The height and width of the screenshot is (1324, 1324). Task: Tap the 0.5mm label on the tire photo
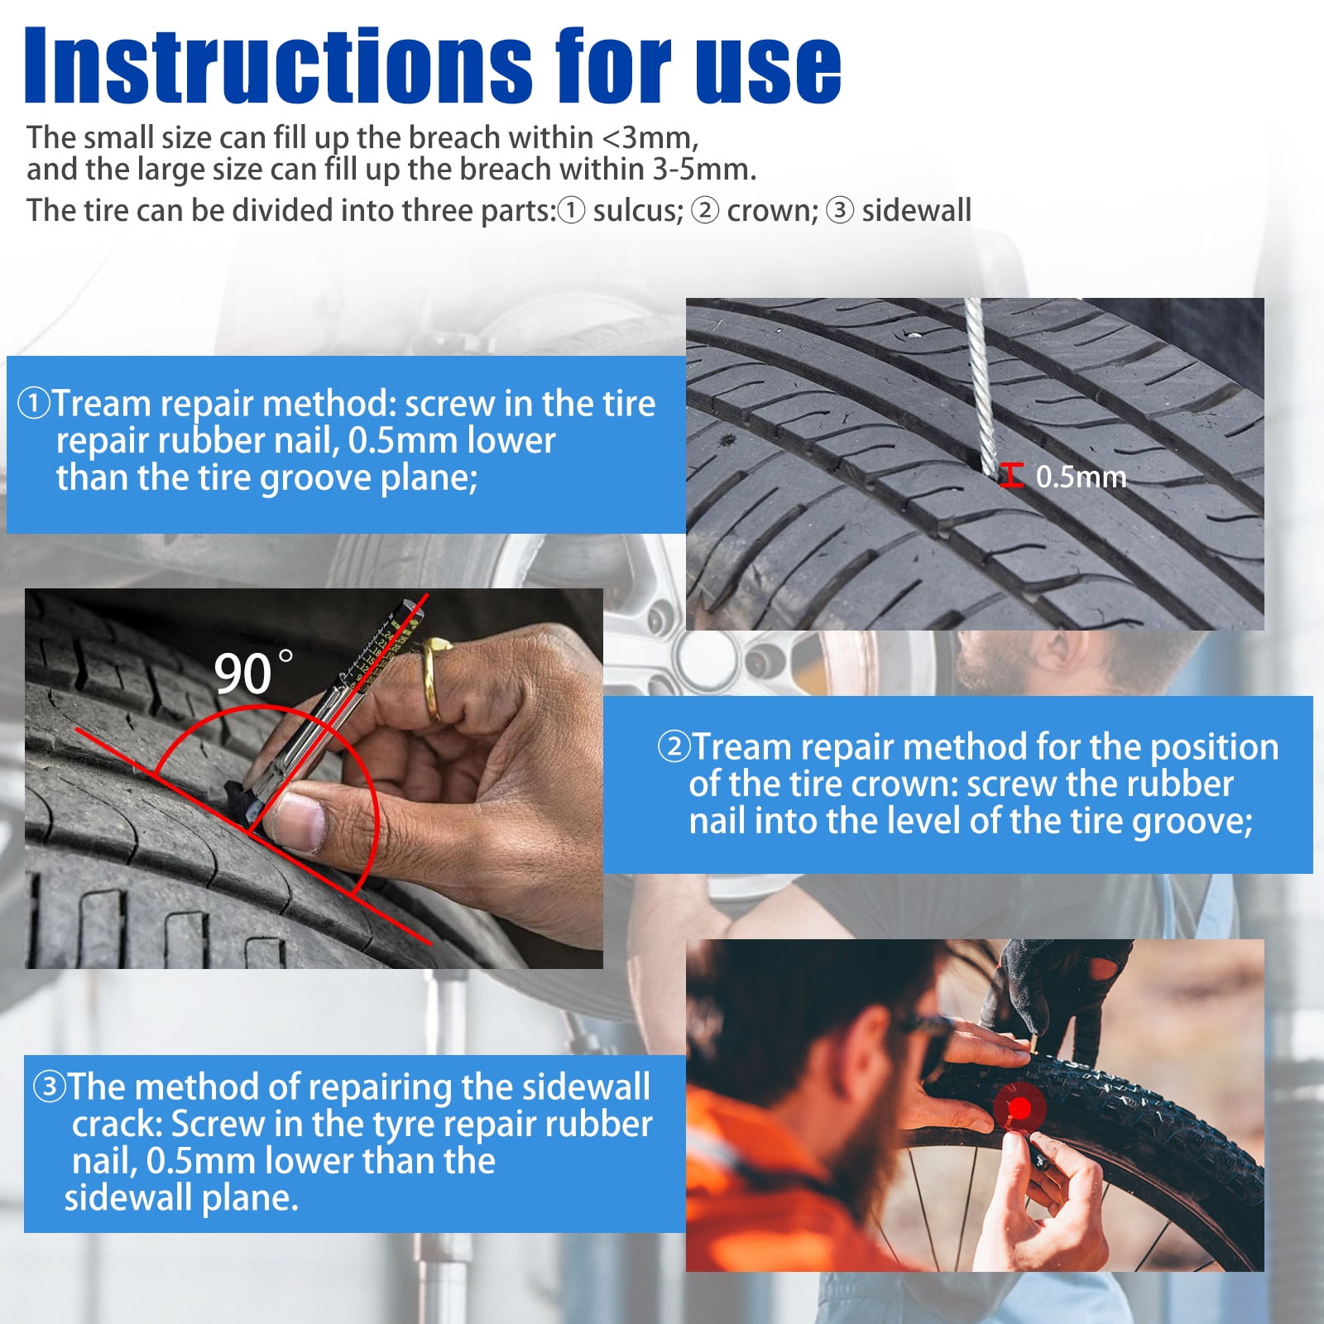tap(1081, 477)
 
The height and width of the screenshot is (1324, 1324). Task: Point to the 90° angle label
tap(253, 672)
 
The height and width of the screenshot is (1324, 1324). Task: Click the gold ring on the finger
tap(431, 679)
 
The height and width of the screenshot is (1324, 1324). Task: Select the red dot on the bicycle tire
tap(1020, 1107)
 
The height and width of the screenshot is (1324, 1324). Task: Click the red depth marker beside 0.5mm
tap(1011, 476)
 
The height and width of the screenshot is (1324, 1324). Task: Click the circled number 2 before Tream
tap(674, 746)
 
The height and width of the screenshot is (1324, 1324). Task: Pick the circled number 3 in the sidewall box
tap(49, 1087)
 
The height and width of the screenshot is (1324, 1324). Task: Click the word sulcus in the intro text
tap(638, 210)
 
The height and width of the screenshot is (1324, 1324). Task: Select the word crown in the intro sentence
tap(772, 211)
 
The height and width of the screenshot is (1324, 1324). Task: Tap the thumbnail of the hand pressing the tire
tap(314, 779)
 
